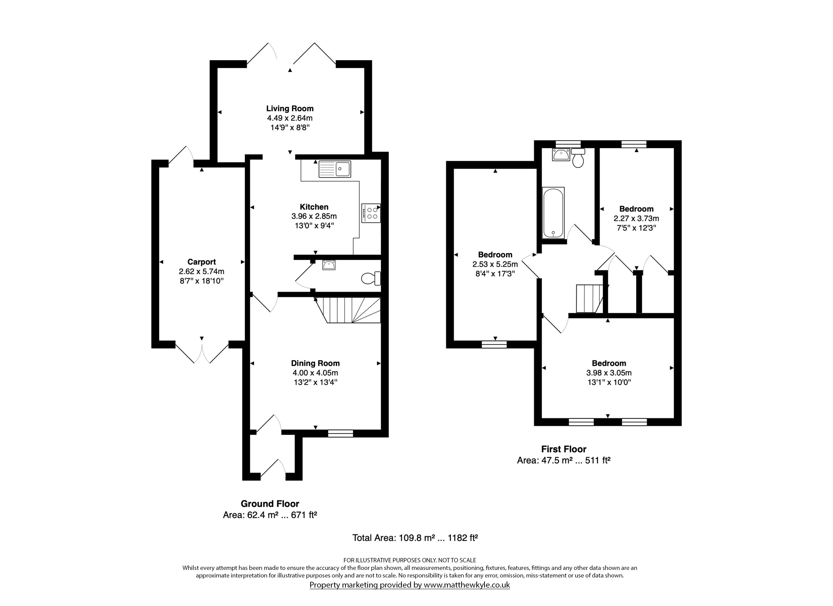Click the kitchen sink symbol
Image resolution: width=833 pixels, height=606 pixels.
pyautogui.click(x=335, y=169)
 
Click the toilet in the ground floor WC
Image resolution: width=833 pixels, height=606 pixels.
pyautogui.click(x=371, y=278)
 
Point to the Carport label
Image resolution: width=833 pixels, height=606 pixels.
pyautogui.click(x=202, y=262)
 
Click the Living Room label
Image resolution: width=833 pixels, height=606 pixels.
pyautogui.click(x=290, y=108)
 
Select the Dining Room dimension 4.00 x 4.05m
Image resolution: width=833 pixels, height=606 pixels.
pyautogui.click(x=315, y=373)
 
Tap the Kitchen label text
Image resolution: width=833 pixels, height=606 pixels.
pyautogui.click(x=314, y=207)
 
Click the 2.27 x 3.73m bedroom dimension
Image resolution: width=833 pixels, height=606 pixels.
pyautogui.click(x=636, y=219)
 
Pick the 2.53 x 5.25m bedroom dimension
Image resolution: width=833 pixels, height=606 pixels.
pyautogui.click(x=495, y=264)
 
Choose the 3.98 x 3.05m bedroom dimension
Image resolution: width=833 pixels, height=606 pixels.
pyautogui.click(x=609, y=373)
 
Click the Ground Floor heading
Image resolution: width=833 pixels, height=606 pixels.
pyautogui.click(x=270, y=504)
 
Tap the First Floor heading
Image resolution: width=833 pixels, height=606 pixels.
pyautogui.click(x=564, y=449)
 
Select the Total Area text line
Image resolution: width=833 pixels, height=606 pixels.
pyautogui.click(x=415, y=538)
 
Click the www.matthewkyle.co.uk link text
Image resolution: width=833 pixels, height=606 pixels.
pyautogui.click(x=467, y=585)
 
